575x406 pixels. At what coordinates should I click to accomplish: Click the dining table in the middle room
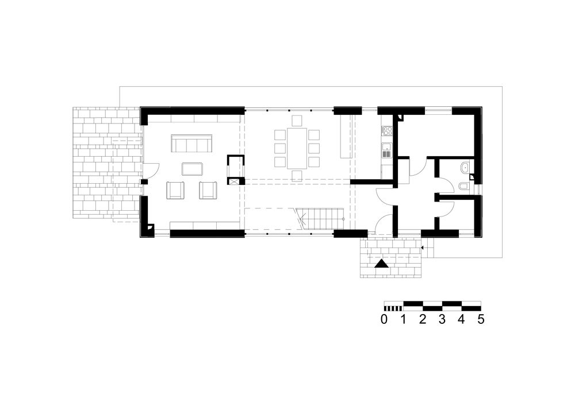coord(297,147)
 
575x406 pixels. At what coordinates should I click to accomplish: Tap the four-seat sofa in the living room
coord(191,143)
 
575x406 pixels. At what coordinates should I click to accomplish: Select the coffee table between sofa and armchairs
coord(192,169)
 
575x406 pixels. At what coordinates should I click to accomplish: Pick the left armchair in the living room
coord(175,190)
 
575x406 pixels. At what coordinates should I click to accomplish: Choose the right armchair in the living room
coord(208,190)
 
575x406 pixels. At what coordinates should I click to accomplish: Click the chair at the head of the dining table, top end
coord(297,121)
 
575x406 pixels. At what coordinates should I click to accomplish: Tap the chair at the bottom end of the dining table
coord(297,175)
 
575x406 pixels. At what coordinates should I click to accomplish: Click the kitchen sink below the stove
coord(386,152)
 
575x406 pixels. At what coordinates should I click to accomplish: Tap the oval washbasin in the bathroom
coord(464,168)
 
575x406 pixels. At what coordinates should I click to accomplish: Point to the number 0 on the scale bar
coord(384,319)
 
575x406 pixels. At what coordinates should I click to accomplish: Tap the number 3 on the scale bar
coord(442,319)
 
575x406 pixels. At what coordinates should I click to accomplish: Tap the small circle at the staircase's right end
coord(343,218)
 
